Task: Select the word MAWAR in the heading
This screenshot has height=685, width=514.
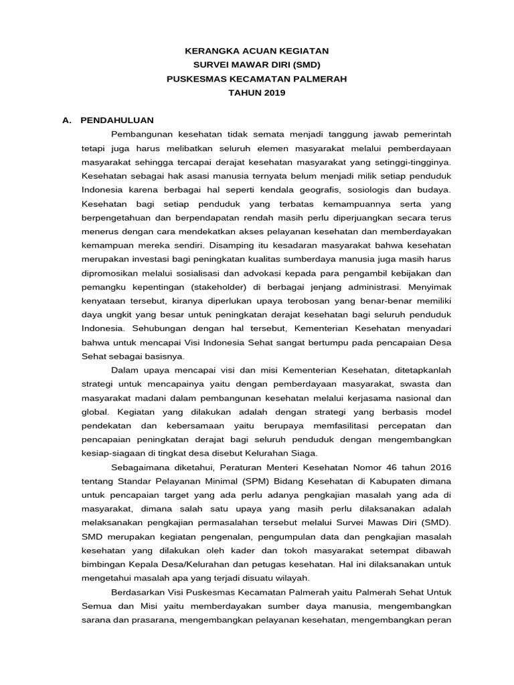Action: [x=251, y=65]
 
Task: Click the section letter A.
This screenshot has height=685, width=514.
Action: [x=66, y=120]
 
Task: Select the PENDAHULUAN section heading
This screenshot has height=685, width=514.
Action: [x=117, y=120]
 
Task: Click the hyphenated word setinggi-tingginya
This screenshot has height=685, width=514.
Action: [x=410, y=163]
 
